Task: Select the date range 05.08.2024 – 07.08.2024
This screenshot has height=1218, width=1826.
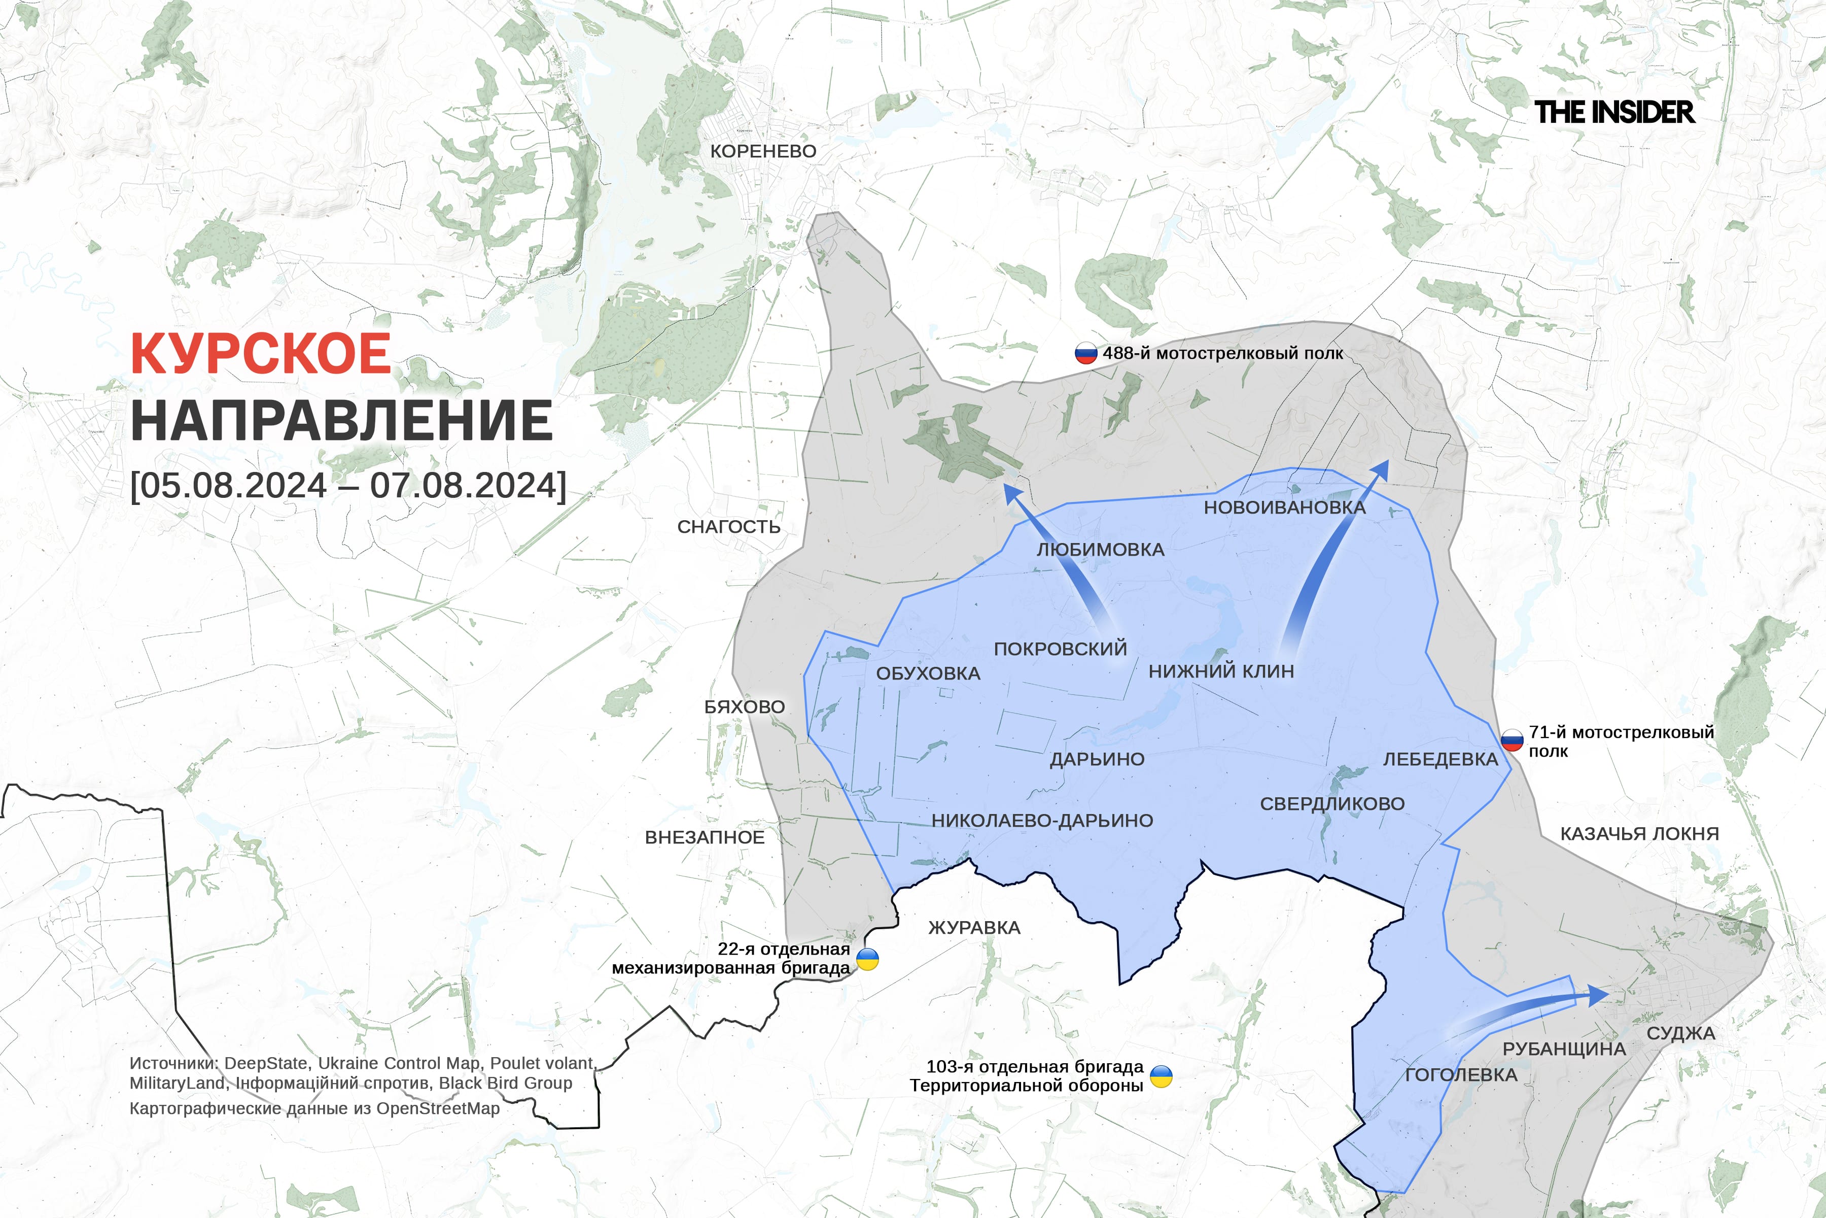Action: coord(348,486)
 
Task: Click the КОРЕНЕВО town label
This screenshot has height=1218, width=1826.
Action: coord(763,151)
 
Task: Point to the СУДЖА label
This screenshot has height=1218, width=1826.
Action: coord(1681,1033)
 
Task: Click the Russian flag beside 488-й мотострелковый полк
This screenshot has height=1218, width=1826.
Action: coord(1085,353)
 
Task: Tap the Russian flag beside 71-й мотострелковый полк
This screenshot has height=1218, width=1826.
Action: coord(1512,740)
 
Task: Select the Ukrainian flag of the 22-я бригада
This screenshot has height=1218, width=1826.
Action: coord(867,959)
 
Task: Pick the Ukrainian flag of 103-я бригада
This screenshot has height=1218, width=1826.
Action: coord(1161,1076)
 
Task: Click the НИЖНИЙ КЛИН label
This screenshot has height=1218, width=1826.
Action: coord(1221,671)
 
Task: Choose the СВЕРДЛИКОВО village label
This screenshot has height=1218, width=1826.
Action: coord(1332,804)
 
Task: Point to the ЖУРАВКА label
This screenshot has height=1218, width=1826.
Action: coord(974,928)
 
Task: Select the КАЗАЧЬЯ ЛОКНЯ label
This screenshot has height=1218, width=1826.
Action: coord(1640,833)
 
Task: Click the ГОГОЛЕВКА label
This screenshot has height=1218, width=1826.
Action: coord(1461,1075)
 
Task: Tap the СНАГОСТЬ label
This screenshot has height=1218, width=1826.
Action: coord(728,527)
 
